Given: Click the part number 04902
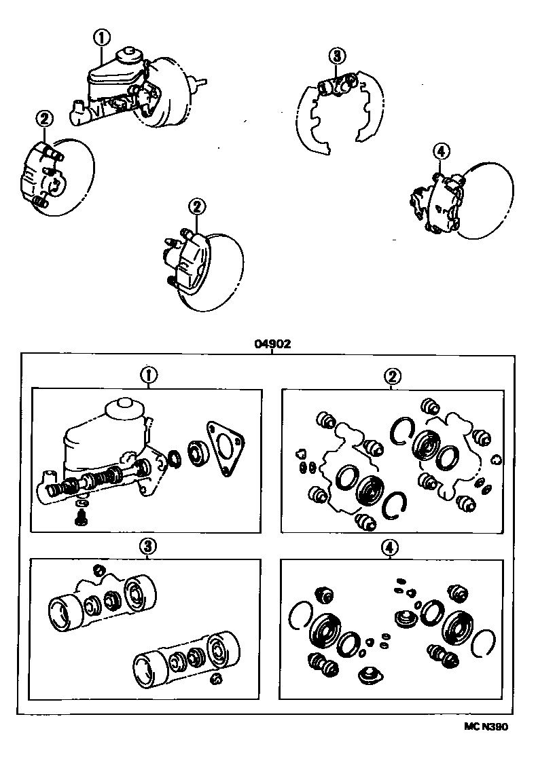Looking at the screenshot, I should point(272,344).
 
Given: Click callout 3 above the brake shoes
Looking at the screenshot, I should point(336,56).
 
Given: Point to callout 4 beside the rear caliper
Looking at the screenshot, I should point(440,151).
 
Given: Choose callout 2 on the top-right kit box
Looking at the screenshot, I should point(392,374).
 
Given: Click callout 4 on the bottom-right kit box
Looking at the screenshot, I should point(390,547).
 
